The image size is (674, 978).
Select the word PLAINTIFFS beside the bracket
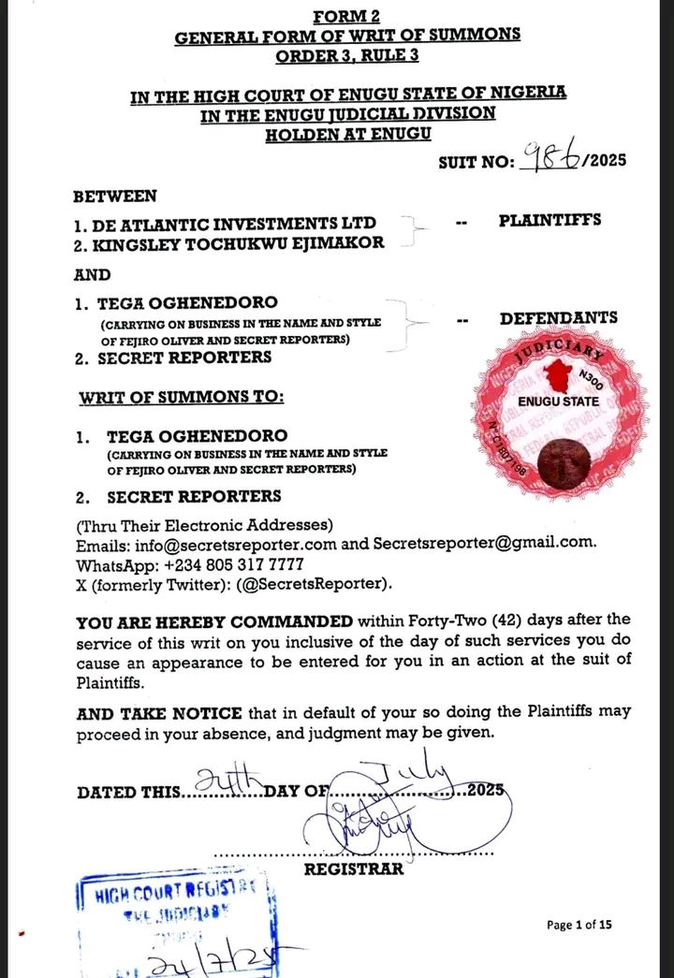pos(549,221)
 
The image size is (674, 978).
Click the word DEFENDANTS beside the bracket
pos(558,318)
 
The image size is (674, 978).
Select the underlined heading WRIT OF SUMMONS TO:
pos(181,397)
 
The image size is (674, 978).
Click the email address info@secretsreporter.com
pos(223,543)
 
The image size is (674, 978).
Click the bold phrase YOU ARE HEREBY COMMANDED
pos(214,620)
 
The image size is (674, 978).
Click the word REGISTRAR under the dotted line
pos(354,869)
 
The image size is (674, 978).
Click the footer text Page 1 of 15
pos(579,925)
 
